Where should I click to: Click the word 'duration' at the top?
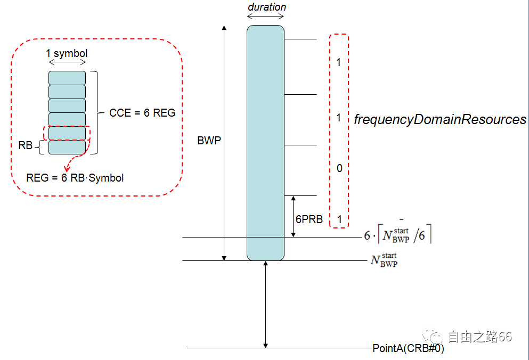[267, 7]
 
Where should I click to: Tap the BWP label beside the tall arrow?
[208, 141]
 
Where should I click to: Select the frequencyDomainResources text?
[440, 120]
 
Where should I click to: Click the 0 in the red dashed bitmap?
[339, 169]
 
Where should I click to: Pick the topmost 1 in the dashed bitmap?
[339, 63]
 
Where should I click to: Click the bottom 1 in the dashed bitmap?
[339, 219]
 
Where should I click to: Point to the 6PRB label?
[310, 219]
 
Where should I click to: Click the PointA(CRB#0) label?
[408, 349]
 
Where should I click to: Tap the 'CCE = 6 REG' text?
[142, 113]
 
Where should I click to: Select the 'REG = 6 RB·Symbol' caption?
[75, 178]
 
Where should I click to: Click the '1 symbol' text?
[67, 53]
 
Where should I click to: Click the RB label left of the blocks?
[26, 145]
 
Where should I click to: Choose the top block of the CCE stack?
[67, 78]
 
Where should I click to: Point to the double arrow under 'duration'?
[265, 17]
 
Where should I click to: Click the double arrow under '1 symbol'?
[67, 62]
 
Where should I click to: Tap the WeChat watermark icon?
[433, 336]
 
